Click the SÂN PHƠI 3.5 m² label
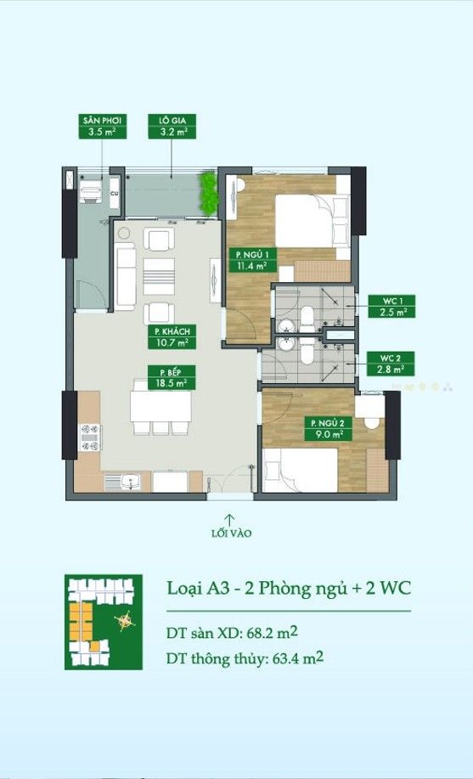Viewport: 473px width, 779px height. (103, 127)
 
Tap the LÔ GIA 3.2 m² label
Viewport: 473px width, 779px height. (172, 127)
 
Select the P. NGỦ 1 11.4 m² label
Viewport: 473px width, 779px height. (253, 260)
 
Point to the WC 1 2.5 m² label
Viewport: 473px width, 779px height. (391, 306)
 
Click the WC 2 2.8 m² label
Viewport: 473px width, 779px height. (391, 364)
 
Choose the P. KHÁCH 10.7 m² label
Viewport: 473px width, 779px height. (172, 337)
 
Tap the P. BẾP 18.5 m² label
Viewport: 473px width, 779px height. (172, 377)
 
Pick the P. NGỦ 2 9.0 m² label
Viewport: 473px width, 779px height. (329, 428)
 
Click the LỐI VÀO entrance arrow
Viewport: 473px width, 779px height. (229, 519)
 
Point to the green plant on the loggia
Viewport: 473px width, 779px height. (209, 194)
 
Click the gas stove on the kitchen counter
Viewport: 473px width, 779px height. (90, 437)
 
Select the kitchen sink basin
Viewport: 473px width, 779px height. (130, 482)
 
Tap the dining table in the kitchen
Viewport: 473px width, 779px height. (161, 407)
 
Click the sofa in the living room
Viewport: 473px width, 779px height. (125, 277)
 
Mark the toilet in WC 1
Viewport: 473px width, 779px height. (307, 319)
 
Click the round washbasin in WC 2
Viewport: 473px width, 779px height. (285, 344)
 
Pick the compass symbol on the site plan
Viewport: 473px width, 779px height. (124, 620)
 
